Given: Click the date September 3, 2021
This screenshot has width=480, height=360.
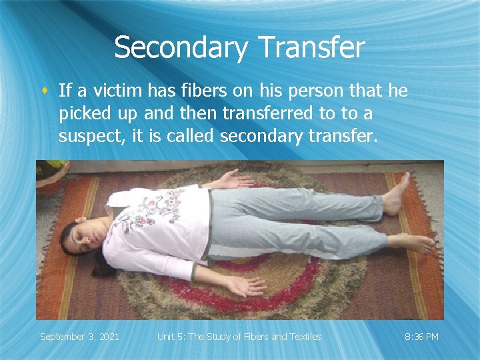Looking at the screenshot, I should [x=79, y=337].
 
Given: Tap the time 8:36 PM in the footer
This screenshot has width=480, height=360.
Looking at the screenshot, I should [x=422, y=337].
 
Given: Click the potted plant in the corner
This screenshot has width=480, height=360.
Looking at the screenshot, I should [x=51, y=175].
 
